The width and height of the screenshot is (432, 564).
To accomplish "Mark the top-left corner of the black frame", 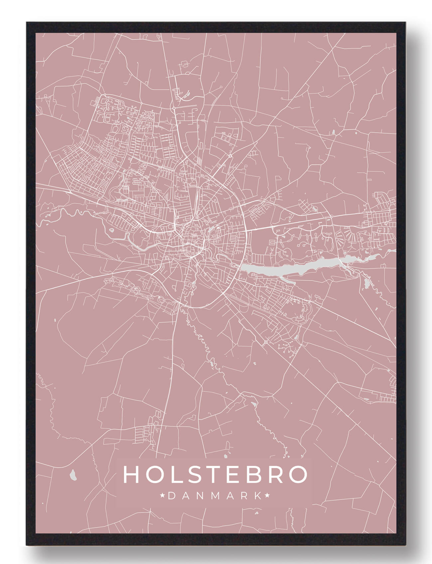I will pos(27,23).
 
